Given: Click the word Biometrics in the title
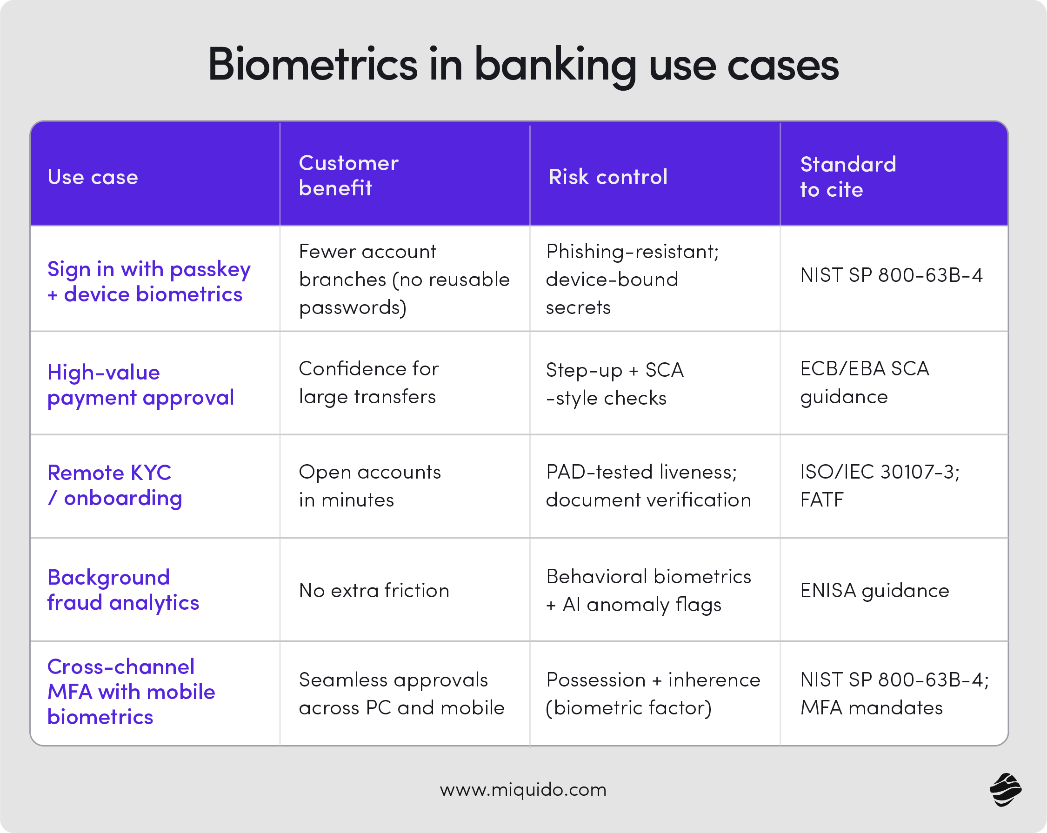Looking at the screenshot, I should pyautogui.click(x=312, y=65).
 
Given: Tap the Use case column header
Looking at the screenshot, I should pyautogui.click(x=93, y=177).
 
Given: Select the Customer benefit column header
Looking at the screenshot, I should pyautogui.click(x=348, y=175).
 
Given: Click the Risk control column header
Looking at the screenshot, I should pyautogui.click(x=608, y=177).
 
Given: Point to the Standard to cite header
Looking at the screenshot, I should pyautogui.click(x=847, y=177).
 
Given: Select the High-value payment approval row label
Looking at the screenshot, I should pyautogui.click(x=140, y=385).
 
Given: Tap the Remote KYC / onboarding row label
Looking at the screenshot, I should pyautogui.click(x=114, y=485).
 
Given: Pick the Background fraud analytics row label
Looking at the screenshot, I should pyautogui.click(x=123, y=590).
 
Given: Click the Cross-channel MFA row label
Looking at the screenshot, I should pyautogui.click(x=131, y=692).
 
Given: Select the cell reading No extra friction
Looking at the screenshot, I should pyautogui.click(x=374, y=591).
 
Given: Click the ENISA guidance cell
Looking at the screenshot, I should pyautogui.click(x=874, y=591).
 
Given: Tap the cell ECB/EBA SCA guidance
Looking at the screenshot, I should pyautogui.click(x=864, y=383).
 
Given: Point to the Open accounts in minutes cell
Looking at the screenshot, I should pyautogui.click(x=370, y=486).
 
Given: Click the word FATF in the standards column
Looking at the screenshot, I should pyautogui.click(x=822, y=500).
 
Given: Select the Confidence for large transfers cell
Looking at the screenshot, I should pyautogui.click(x=368, y=383).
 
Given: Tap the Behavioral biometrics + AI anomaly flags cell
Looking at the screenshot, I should pyautogui.click(x=648, y=590).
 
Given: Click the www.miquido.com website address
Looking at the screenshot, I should pyautogui.click(x=523, y=790).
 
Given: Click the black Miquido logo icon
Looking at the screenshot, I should pyautogui.click(x=1005, y=790).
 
